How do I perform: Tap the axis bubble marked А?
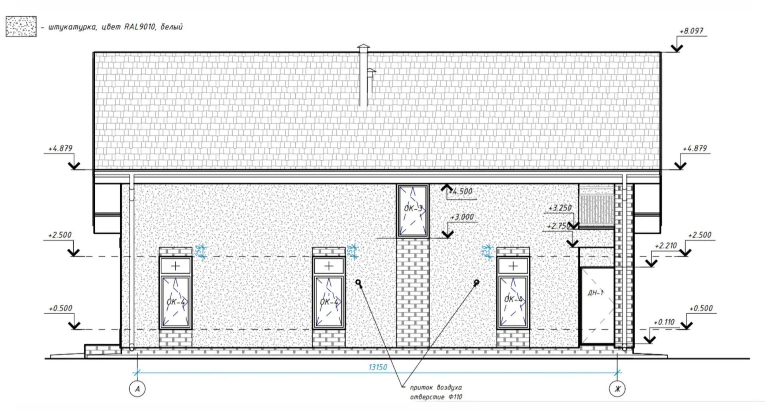(137, 389)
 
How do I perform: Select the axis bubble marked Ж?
(617, 389)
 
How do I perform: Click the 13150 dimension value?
(377, 367)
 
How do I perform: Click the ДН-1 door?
(597, 305)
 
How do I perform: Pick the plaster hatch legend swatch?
(21, 27)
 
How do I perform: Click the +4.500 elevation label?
(461, 191)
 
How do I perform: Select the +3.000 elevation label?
(462, 217)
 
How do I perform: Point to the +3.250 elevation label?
(560, 208)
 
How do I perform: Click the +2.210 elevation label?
(666, 246)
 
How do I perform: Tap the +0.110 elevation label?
(664, 322)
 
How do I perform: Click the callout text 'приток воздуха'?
(436, 387)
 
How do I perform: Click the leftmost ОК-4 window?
(175, 302)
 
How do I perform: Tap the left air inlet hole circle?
(358, 282)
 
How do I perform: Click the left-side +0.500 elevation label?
(61, 309)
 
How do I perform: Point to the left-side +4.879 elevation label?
(61, 149)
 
